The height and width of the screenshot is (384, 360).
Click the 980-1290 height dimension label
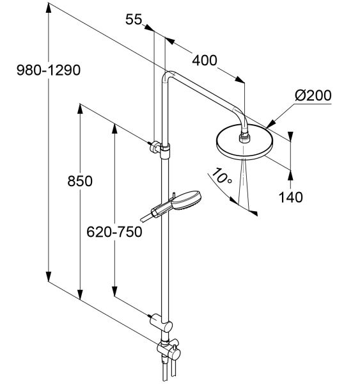tap(49, 70)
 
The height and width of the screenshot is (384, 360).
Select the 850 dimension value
tap(80, 182)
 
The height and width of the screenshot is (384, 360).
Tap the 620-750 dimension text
tap(114, 232)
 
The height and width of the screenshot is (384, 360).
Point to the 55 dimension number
tap(134, 19)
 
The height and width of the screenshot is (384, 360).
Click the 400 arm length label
tap(205, 61)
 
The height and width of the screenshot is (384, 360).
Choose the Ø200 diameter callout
tap(313, 95)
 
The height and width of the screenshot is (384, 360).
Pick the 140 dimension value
tap(291, 197)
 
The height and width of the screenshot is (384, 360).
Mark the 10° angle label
tap(222, 176)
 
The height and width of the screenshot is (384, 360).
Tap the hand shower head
tap(187, 200)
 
